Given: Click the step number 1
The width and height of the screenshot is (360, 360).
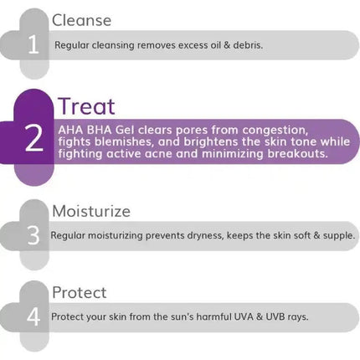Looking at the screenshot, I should coord(33,44).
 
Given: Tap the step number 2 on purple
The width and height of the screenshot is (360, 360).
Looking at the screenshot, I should coord(33,140).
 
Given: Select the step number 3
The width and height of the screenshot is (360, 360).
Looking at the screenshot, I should coord(33,236).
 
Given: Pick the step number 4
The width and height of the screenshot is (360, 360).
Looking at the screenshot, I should coord(33,317).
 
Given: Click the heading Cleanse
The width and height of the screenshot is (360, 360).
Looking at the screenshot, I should coord(81,20).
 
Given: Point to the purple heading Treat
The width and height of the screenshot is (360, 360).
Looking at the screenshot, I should coord(85,106).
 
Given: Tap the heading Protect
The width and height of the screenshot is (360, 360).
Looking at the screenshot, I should coord(79,293).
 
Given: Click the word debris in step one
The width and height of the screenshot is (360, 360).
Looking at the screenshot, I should coord(244,45).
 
